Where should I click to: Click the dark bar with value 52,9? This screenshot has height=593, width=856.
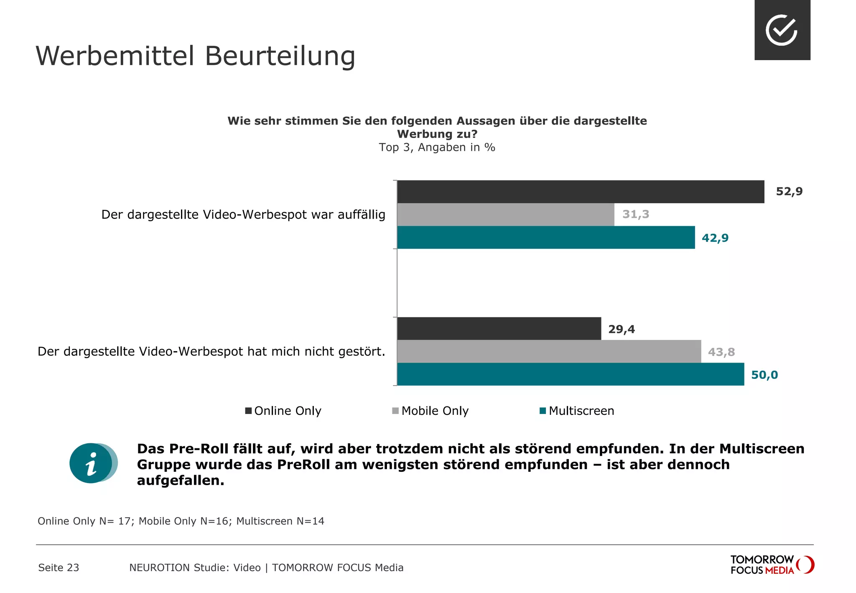point(580,192)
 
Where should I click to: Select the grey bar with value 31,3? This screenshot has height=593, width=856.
point(505,215)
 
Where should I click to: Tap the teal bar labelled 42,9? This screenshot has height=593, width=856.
point(545,238)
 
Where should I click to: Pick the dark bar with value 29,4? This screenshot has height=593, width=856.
point(499,329)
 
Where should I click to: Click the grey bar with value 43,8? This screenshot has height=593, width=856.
point(548,351)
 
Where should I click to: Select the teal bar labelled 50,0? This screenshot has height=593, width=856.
point(570,374)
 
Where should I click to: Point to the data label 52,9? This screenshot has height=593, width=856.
point(789,192)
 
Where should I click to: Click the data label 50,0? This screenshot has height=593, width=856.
point(764,375)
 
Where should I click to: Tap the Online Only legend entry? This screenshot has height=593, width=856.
point(283,411)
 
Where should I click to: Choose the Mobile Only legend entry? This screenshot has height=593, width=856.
point(431,411)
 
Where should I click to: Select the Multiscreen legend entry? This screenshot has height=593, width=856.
point(577,411)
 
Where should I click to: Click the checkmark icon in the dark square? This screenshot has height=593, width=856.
point(782,30)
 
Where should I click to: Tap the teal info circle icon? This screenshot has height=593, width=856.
point(92,463)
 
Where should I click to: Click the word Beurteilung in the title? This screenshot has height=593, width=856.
point(280,56)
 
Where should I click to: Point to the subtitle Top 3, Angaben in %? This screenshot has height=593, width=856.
point(437,148)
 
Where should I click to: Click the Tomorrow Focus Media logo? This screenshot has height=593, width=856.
point(772,565)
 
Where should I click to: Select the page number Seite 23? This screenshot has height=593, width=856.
point(59,567)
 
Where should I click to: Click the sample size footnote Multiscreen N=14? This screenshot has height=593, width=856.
point(280,521)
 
